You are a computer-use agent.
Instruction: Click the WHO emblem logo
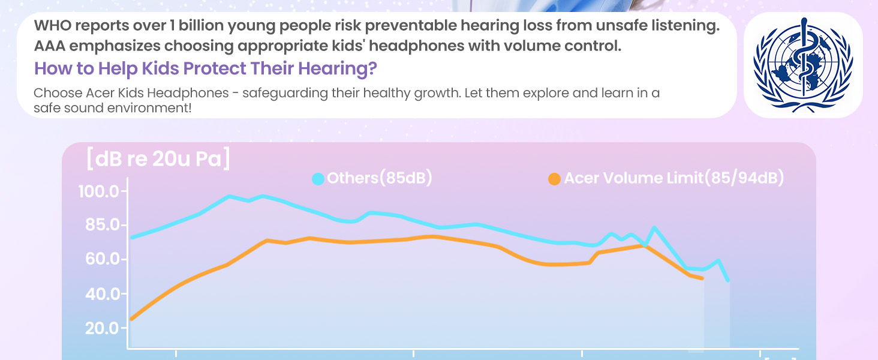point(803,65)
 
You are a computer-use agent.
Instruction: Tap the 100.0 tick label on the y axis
point(99,192)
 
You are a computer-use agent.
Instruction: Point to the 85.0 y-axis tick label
point(102,225)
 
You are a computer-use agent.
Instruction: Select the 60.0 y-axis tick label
point(102,259)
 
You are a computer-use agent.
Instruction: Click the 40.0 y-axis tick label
point(102,294)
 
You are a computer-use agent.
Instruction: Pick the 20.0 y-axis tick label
point(102,328)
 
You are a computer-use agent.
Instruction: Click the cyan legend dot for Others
point(318,179)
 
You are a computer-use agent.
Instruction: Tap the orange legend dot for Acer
point(554,179)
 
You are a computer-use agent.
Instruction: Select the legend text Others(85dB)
point(380,178)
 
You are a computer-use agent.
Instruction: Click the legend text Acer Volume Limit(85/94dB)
point(674,178)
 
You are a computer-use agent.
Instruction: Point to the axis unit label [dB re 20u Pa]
point(158,159)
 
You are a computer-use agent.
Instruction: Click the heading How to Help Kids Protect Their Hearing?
point(205,68)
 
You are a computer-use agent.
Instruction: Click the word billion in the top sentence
point(201,25)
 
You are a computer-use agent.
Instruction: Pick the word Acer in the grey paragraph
point(100,93)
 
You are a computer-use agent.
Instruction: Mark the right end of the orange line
point(702,278)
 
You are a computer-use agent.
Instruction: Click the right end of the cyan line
point(728,280)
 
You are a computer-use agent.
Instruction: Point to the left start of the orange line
point(132,319)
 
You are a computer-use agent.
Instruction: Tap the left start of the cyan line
point(132,237)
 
